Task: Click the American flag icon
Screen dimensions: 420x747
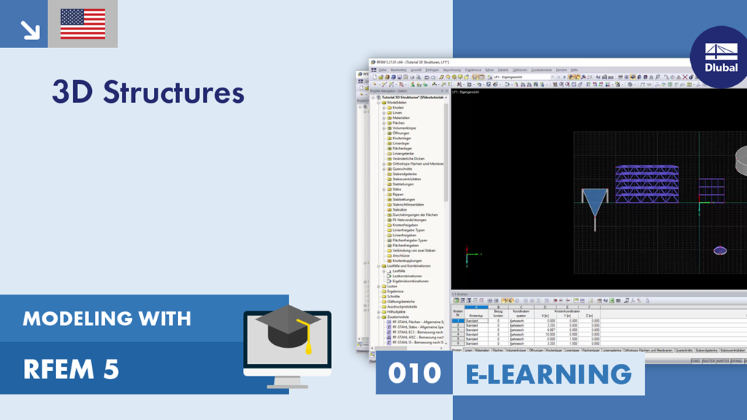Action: (x=82, y=24)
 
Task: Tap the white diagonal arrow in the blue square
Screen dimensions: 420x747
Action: (x=30, y=28)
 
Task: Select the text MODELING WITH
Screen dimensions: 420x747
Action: (x=107, y=318)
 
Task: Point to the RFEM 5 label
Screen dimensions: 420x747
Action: (x=71, y=370)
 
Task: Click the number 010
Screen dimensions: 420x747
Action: (x=414, y=373)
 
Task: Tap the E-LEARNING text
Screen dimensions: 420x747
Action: (x=549, y=373)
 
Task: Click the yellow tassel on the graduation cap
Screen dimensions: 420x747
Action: (x=308, y=340)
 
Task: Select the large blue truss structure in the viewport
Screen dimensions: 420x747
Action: (x=646, y=183)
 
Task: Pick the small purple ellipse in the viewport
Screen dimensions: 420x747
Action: (x=720, y=250)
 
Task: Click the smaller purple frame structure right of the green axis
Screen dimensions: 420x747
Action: (x=711, y=190)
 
